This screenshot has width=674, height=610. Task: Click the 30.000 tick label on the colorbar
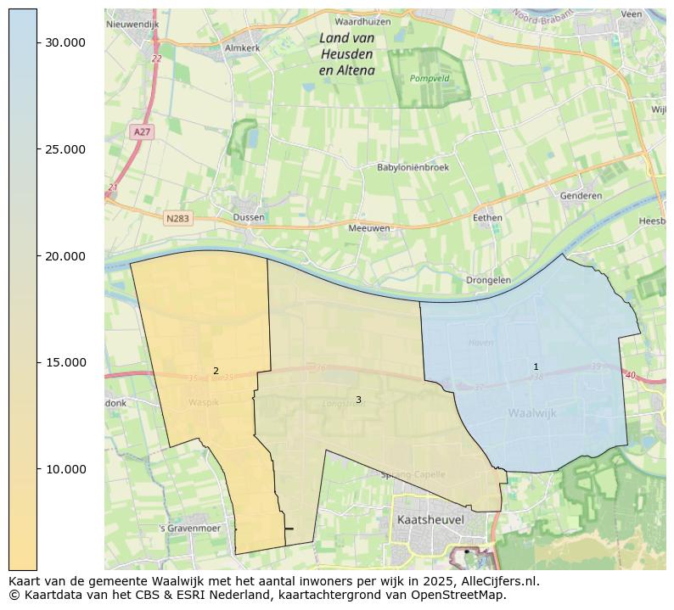pos(65,42)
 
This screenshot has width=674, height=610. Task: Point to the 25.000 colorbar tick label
pos(65,149)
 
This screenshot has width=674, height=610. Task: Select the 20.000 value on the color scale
pos(65,256)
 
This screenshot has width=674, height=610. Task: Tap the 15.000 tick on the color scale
pos(65,362)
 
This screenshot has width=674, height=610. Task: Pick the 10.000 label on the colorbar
pos(65,469)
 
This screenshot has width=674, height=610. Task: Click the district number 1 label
pos(536,367)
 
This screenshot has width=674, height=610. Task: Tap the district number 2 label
pos(216,371)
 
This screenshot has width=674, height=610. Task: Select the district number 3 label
pos(358,400)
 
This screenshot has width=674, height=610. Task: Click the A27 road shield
pos(142,132)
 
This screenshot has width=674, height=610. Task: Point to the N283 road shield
pos(178,218)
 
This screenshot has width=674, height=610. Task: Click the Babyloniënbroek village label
pos(413,167)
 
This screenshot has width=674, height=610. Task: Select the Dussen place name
pos(249,217)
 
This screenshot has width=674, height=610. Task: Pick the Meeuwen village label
pos(369,228)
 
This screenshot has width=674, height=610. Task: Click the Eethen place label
pos(487,218)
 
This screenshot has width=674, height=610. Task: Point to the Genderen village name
pos(581,196)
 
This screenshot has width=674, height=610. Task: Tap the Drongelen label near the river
pos(488,280)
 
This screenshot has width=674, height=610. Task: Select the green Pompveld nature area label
pos(429,78)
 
